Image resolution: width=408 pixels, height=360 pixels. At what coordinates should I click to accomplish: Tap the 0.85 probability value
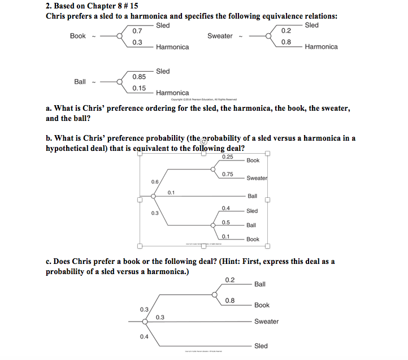[139, 76]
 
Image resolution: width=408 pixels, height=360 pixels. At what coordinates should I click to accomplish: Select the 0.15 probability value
[139, 88]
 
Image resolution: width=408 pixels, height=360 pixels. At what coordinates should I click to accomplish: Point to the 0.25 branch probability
[228, 157]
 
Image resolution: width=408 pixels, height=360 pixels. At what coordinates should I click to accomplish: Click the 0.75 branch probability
[228, 174]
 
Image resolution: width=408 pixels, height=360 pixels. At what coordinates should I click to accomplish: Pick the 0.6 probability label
[155, 181]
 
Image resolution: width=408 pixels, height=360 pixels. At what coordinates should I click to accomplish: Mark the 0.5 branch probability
[225, 222]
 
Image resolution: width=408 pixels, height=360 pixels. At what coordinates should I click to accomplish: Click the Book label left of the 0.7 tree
[78, 36]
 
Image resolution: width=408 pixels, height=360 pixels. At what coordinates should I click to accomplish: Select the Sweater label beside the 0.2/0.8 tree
[220, 36]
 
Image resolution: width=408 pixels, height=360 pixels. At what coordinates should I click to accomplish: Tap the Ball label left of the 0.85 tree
[80, 82]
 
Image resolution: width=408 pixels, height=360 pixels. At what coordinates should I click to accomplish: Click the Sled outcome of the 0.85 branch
[163, 71]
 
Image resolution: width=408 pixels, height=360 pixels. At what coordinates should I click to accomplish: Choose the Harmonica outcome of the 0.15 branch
[172, 93]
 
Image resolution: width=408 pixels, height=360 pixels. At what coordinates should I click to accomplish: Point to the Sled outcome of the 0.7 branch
[163, 25]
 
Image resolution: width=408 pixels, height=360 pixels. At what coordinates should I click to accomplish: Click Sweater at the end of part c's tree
[266, 322]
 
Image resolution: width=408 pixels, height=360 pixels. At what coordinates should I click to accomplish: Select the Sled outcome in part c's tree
[261, 346]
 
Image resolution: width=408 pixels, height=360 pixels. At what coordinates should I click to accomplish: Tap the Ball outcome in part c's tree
[260, 284]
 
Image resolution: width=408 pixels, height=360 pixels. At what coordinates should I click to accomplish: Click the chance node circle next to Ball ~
[119, 82]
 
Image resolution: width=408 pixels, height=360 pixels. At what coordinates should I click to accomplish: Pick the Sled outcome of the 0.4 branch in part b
[252, 211]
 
